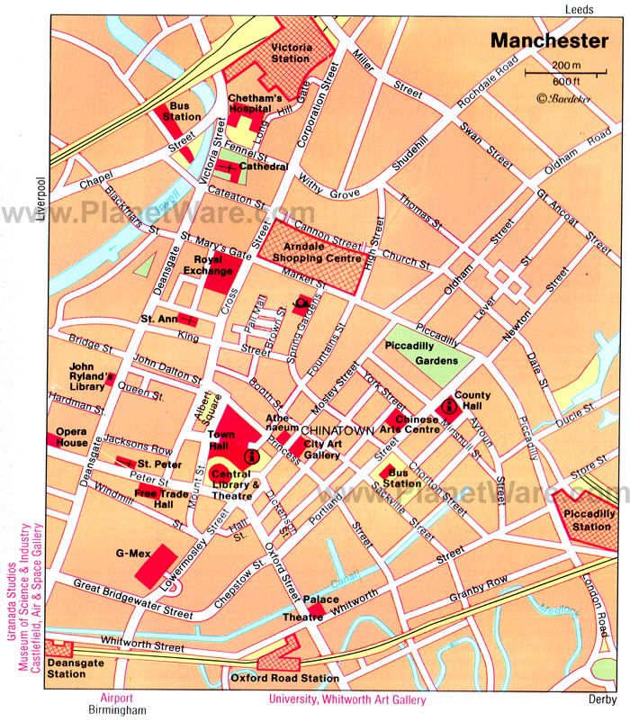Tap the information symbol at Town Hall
click(250, 457)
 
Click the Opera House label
click(72, 437)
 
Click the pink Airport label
click(115, 697)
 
